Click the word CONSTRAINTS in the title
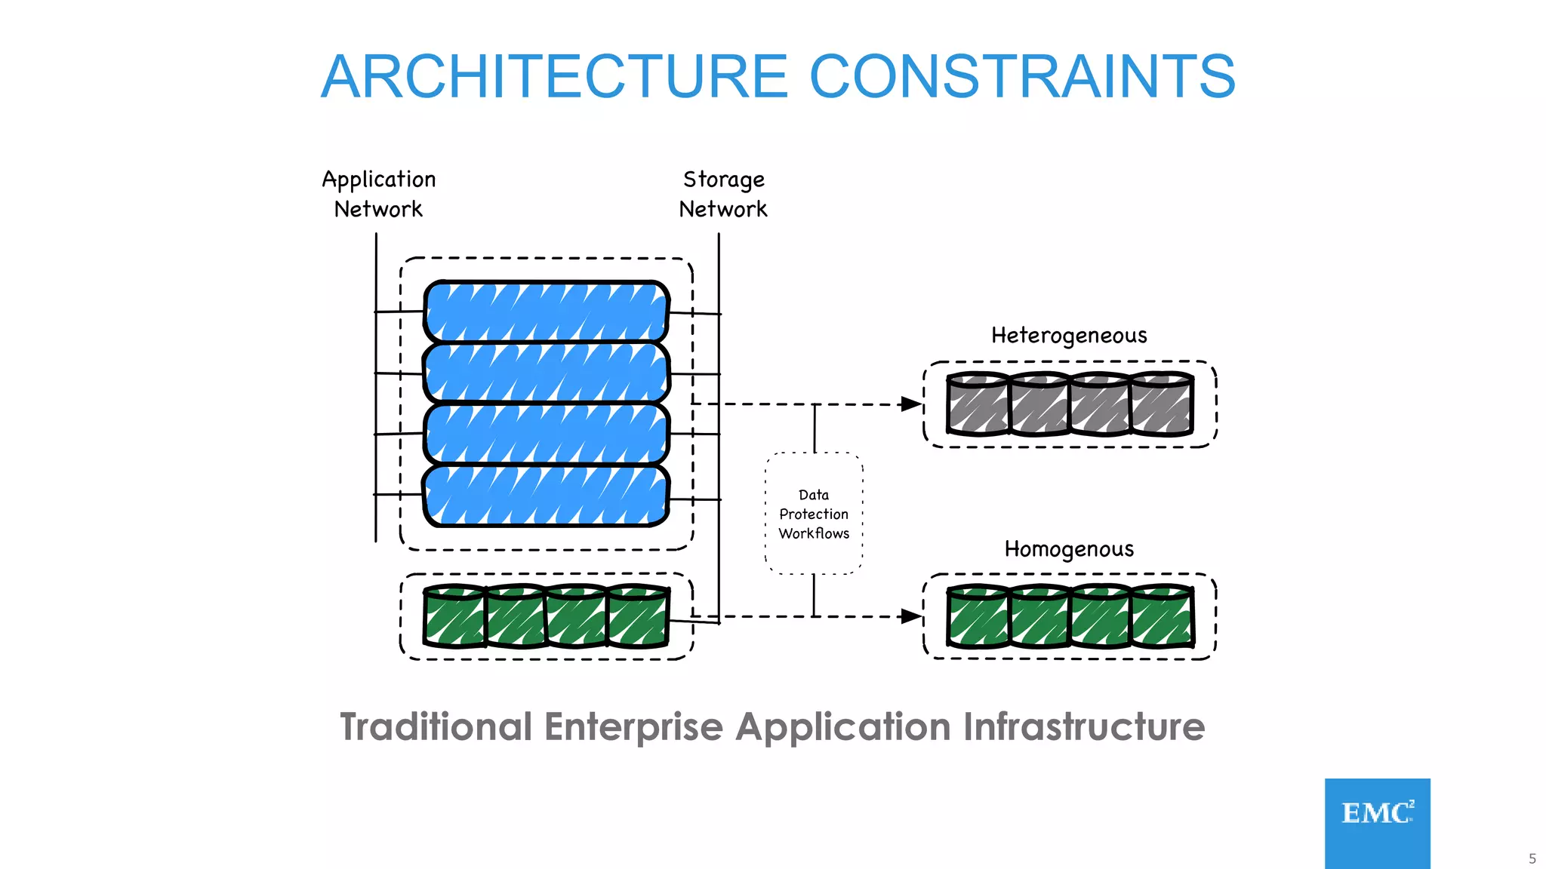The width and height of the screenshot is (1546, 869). (1022, 76)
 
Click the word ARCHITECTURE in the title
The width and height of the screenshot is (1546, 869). (555, 76)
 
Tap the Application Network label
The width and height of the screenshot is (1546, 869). (378, 194)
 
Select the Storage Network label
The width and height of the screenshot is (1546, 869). (723, 194)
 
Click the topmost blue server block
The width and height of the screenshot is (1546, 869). (546, 312)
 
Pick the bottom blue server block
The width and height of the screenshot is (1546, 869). (546, 496)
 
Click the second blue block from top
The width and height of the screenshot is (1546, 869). (546, 373)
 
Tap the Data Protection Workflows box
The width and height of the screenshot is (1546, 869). (814, 514)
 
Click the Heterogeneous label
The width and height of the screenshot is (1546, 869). (1069, 335)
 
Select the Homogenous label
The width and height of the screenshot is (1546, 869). (1069, 548)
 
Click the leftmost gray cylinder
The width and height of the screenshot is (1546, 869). (978, 405)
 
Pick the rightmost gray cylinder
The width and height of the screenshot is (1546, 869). (1163, 405)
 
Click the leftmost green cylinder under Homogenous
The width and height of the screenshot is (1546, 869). (978, 617)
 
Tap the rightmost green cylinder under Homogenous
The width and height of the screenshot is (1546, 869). (1163, 617)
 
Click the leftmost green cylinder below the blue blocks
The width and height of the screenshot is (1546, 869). (454, 617)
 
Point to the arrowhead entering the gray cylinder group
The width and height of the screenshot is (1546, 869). (912, 404)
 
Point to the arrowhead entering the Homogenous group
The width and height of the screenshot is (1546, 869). (912, 616)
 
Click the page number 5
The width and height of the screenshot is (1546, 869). (1532, 858)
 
